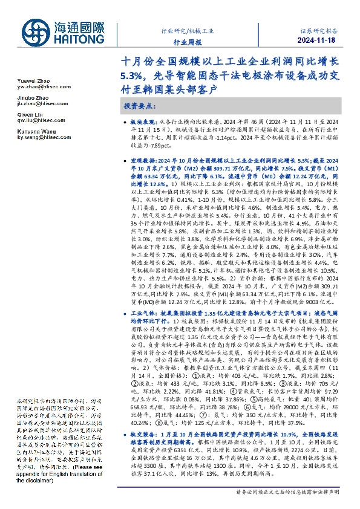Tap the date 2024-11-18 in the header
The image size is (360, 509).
pyautogui.click(x=322, y=41)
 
